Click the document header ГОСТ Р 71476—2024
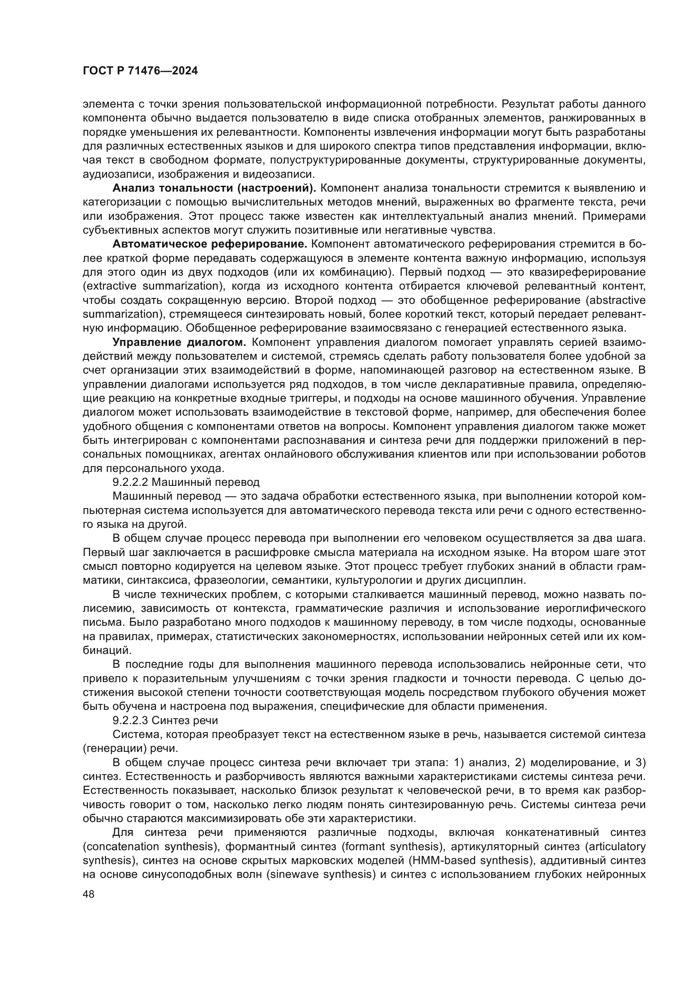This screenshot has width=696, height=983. (140, 71)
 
